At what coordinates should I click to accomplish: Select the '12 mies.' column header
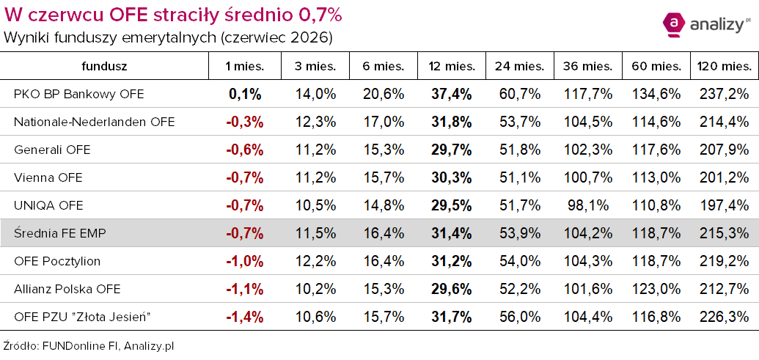tap(452, 67)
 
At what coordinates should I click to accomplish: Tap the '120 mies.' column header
tap(724, 67)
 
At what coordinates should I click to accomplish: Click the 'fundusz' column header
tap(104, 67)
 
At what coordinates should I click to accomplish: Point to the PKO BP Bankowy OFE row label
tap(79, 95)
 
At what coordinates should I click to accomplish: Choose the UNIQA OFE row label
tap(48, 205)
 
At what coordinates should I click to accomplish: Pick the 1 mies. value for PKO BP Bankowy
tap(245, 95)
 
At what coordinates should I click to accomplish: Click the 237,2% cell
tap(724, 95)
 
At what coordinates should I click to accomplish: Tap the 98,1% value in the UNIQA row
tap(588, 205)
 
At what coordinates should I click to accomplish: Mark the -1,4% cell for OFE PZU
tap(245, 317)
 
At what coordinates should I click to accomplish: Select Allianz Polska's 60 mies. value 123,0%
tap(656, 290)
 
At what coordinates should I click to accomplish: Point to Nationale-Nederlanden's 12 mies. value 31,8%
tap(452, 122)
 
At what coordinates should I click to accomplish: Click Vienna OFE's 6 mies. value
tap(384, 178)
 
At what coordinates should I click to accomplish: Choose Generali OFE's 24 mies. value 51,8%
tap(520, 150)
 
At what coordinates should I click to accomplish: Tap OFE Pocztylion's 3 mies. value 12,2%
tap(315, 262)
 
